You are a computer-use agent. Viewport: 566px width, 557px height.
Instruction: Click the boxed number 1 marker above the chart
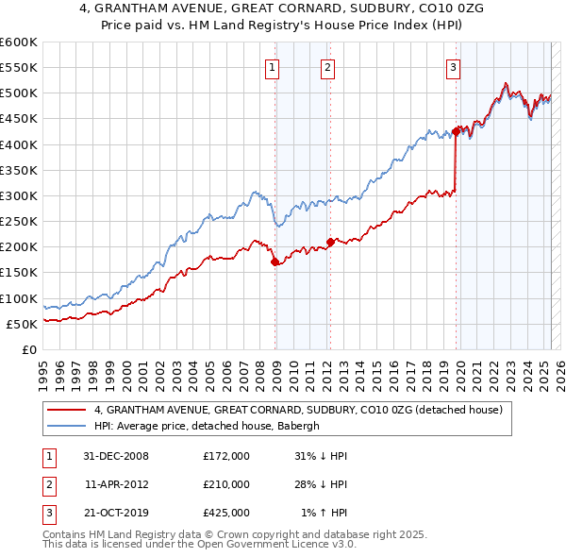pos(272,67)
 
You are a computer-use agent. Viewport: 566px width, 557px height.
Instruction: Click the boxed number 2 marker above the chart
pos(326,67)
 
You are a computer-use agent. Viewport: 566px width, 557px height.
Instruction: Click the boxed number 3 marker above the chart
pos(454,67)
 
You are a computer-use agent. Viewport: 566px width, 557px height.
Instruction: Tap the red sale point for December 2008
pos(275,262)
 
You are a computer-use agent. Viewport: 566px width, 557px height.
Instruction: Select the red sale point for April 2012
pos(330,242)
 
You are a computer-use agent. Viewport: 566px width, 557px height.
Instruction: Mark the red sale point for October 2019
pos(457,131)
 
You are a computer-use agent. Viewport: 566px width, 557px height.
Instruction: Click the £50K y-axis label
pos(23,324)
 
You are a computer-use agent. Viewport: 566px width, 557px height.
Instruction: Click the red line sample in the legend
pos(67,410)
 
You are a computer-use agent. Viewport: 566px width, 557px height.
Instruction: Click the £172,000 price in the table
pos(226,456)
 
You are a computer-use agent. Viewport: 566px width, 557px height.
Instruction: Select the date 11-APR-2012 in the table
pos(117,484)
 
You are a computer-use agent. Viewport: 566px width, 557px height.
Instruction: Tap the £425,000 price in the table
pos(226,513)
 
